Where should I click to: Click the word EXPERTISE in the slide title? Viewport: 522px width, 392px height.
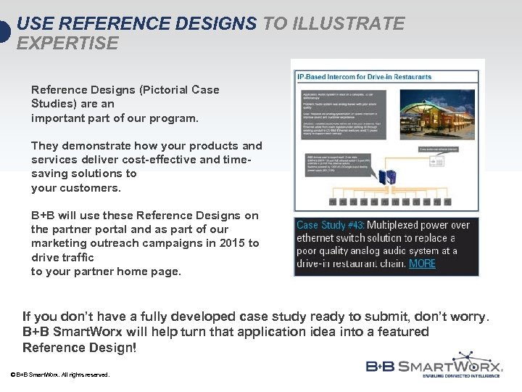pos(67,44)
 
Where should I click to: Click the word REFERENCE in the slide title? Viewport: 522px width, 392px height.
pos(106,24)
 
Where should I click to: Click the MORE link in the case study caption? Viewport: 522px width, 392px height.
pos(422,264)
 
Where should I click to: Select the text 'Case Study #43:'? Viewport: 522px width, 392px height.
pos(331,225)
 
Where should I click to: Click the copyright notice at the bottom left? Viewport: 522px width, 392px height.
pos(60,375)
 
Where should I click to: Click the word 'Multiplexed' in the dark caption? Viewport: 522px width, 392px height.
pos(407,225)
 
